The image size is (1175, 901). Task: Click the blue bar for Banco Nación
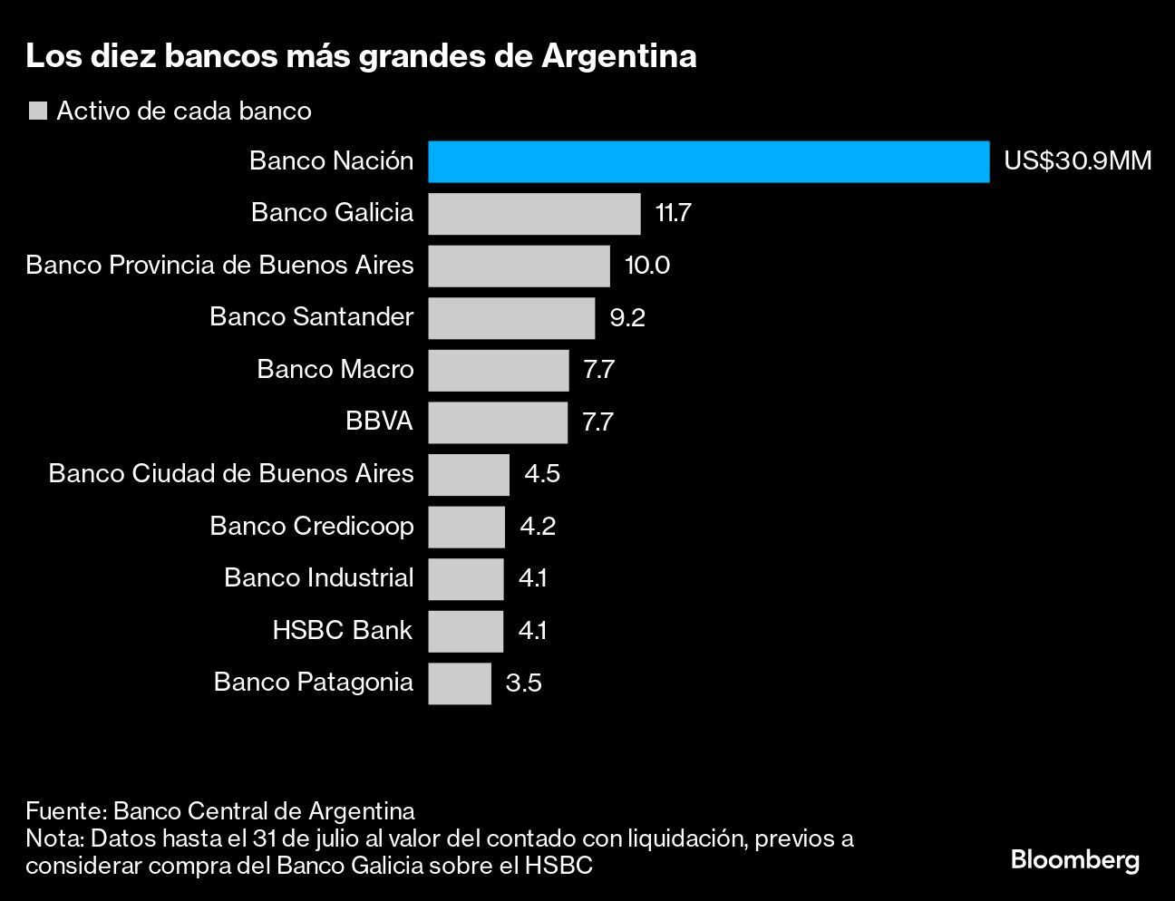[x=708, y=162]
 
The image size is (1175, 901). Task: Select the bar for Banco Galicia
[x=534, y=214]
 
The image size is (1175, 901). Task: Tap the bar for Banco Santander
[x=511, y=318]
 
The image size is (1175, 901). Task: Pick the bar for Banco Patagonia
[x=460, y=683]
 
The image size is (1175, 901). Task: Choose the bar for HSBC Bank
[x=465, y=631]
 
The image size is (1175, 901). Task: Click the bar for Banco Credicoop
[x=466, y=527]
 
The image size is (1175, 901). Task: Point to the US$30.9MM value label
[x=1077, y=162]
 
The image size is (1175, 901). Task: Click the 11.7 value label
[x=673, y=214]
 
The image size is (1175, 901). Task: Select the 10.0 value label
[x=647, y=266]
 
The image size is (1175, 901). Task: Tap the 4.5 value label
[x=542, y=474]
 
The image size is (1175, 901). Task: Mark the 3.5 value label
[x=524, y=683]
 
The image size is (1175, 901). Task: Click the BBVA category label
[x=379, y=421]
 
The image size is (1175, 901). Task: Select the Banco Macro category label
[x=335, y=370]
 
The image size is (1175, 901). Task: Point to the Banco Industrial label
[x=318, y=578]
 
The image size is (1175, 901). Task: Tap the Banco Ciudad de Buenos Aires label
[x=231, y=474]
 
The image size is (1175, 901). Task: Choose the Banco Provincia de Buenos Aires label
[x=219, y=266]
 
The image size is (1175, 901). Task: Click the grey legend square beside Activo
[x=38, y=111]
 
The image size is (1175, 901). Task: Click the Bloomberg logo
[x=1074, y=859]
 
